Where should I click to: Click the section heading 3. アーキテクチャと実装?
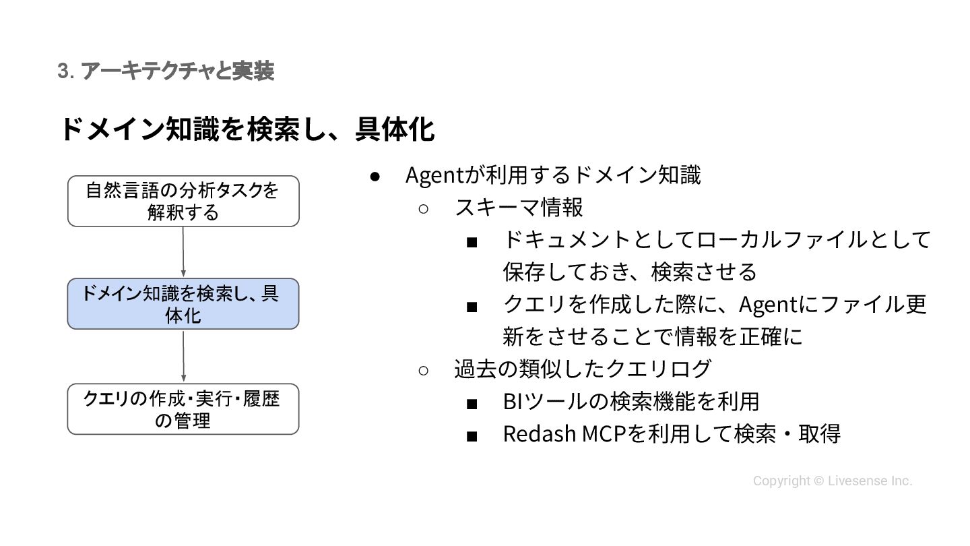(x=166, y=71)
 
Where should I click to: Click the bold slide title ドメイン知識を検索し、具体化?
(x=247, y=129)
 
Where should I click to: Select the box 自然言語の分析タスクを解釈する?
(x=183, y=201)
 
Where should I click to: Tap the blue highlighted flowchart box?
(x=183, y=304)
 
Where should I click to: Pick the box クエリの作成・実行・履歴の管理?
(x=183, y=409)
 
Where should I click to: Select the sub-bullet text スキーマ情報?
(x=519, y=208)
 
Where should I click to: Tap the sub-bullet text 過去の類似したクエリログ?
(x=583, y=369)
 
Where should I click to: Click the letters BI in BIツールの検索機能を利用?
(x=511, y=402)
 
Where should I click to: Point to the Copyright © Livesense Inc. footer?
(x=833, y=481)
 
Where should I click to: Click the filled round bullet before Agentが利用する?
(x=376, y=177)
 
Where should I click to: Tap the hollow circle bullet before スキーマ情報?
(x=424, y=208)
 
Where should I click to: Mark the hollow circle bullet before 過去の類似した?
(x=424, y=370)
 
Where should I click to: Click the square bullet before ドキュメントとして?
(x=472, y=241)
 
